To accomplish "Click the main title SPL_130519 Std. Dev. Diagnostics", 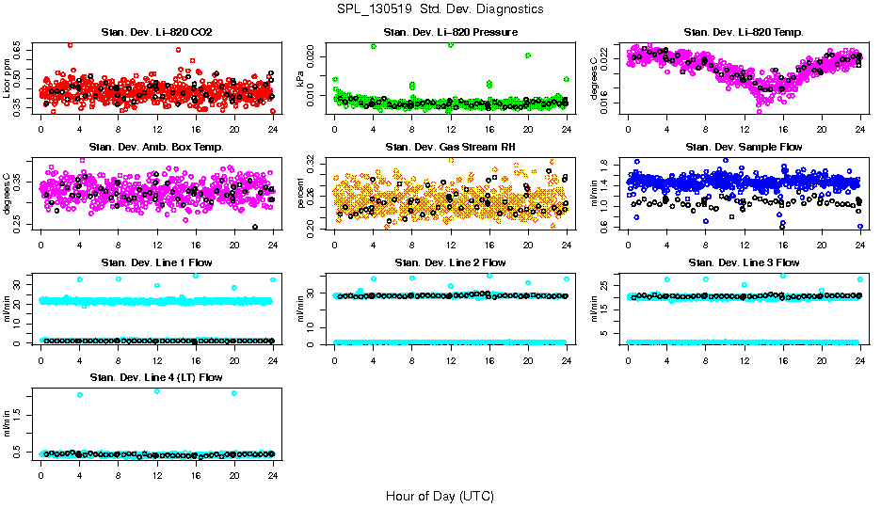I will click(440, 9).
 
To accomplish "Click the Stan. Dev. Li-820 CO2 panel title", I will click(156, 32).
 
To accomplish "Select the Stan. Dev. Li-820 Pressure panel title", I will click(450, 32).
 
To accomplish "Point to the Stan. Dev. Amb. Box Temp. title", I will click(156, 147).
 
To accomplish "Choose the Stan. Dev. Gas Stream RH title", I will click(450, 147).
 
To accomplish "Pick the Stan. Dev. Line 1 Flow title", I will click(156, 262).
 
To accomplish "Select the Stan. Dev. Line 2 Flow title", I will click(450, 262).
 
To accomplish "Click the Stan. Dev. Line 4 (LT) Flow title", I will click(156, 377).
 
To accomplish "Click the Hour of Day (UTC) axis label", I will click(440, 495).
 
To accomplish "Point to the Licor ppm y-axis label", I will click(8, 77).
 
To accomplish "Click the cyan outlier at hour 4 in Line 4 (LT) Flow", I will click(79, 395).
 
